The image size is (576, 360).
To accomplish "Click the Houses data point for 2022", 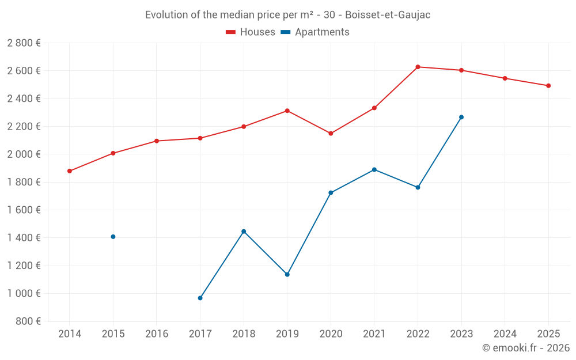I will [418, 67].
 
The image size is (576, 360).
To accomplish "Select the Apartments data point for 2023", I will [461, 118].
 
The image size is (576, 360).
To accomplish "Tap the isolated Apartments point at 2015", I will [113, 237].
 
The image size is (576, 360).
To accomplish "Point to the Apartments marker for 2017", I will [200, 298].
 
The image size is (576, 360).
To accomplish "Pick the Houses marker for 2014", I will [70, 171].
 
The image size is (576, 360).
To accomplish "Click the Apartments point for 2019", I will [287, 274].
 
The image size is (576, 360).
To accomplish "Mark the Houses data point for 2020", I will [331, 134].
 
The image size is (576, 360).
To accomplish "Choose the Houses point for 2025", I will [548, 86].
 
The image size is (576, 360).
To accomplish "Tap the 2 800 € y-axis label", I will [24, 43].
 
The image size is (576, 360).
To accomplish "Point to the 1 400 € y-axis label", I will [24, 238].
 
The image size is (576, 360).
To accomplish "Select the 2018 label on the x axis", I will [244, 334].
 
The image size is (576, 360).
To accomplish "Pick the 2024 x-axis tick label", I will [505, 334].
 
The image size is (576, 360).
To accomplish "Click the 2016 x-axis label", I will [157, 334].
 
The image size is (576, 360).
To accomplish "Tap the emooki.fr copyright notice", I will [525, 348].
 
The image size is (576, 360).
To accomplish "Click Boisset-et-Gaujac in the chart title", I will [388, 15].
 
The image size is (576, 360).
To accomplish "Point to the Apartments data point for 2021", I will [374, 170].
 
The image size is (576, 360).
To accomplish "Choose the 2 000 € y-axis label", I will [24, 154].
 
